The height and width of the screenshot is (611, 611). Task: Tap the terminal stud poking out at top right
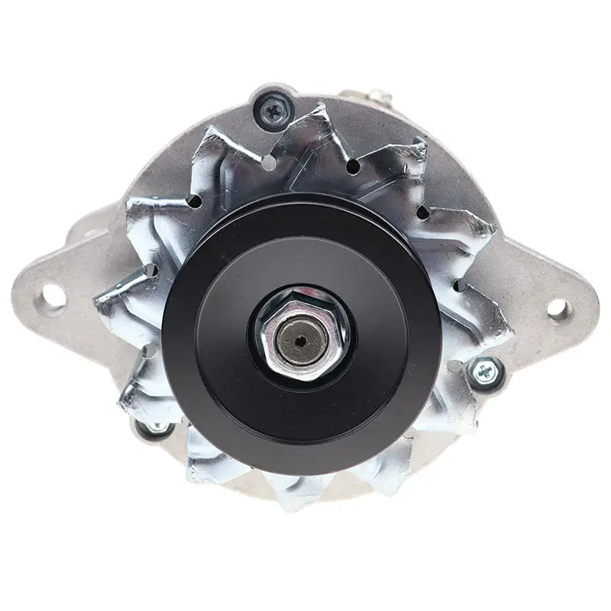(x=379, y=99)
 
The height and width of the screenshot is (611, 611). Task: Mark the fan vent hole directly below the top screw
(x=270, y=163)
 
